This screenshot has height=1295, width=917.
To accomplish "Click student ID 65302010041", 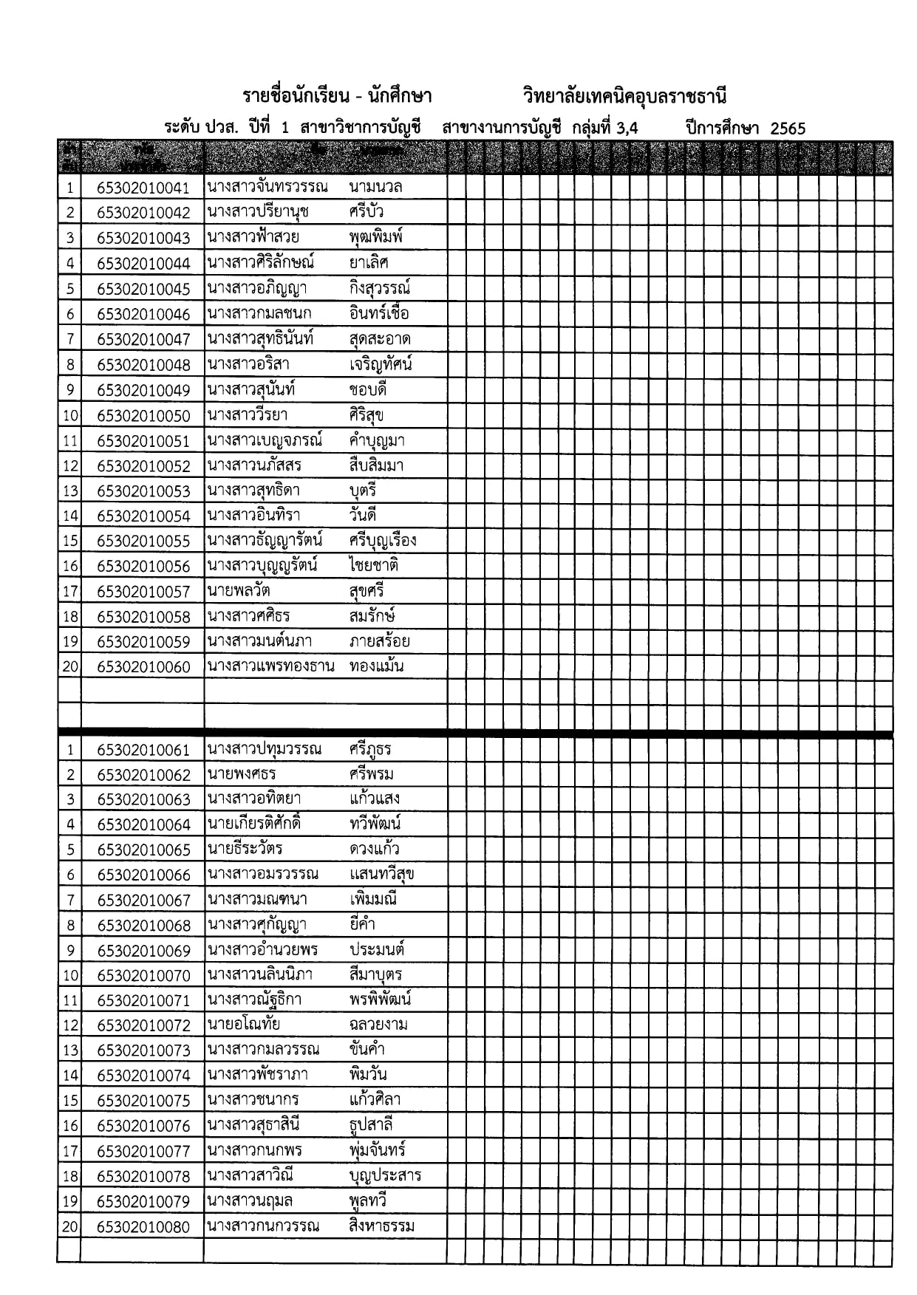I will click(x=143, y=188).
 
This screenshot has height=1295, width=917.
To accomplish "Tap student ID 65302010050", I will click(x=143, y=416).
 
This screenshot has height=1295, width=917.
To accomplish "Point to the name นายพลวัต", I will click(x=239, y=591).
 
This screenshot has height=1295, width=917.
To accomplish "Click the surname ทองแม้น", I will click(x=377, y=666).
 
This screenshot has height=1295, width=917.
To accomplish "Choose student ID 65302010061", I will click(x=143, y=751).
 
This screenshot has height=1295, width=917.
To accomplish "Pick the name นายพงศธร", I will click(x=242, y=774).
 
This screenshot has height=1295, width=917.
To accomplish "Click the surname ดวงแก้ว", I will click(x=375, y=850).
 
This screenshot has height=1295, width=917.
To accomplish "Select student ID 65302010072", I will click(x=143, y=1025).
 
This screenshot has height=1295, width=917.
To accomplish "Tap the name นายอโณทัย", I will click(x=244, y=1025).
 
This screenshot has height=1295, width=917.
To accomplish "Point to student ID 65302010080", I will click(x=143, y=1228).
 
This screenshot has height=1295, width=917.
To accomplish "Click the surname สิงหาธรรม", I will click(x=382, y=1227).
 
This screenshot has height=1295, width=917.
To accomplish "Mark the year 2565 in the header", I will click(x=788, y=129).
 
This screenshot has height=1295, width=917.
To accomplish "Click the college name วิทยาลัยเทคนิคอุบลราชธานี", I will click(x=624, y=96).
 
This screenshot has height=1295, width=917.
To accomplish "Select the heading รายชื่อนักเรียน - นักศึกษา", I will click(x=337, y=96).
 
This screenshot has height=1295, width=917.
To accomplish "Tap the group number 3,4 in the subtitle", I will click(x=626, y=128).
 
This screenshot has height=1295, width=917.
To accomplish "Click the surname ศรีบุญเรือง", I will click(x=383, y=541).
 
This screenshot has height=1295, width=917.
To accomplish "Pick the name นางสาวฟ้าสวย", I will click(x=253, y=238).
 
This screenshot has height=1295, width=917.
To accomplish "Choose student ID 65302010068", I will click(x=143, y=926).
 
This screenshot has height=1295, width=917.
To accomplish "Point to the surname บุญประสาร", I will click(x=385, y=1176).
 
